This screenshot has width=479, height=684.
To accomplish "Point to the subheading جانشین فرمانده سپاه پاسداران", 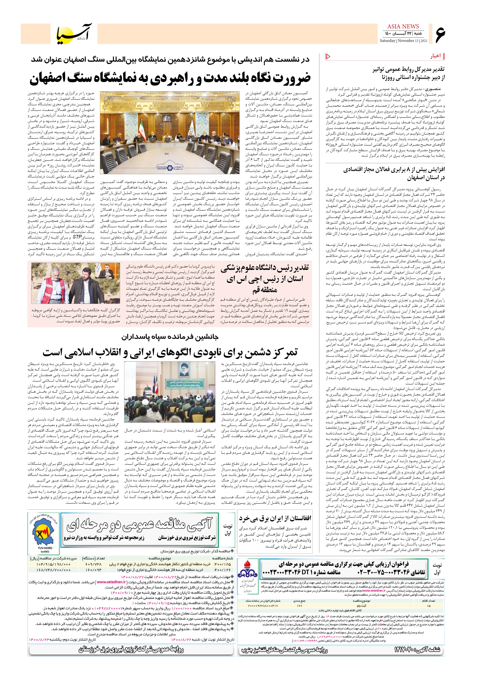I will pos(170,337).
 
